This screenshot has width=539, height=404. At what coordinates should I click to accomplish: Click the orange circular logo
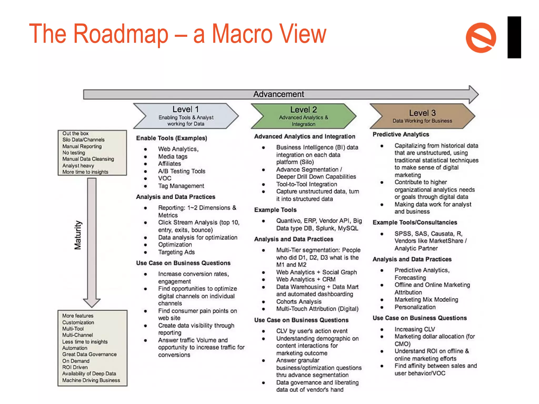pyautogui.click(x=481, y=38)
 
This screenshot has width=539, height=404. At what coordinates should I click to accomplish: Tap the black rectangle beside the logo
pyautogui.click(x=514, y=37)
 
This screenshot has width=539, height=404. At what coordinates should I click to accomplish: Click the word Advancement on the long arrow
pyautogui.click(x=278, y=94)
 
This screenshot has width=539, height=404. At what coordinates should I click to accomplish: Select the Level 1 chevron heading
pyautogui.click(x=186, y=116)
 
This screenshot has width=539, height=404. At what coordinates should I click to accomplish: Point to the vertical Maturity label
pyautogui.click(x=78, y=235)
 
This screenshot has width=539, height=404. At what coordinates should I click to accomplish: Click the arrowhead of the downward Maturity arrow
pyautogui.click(x=92, y=302)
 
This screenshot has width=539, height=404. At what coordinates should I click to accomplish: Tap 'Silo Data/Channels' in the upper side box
pyautogui.click(x=83, y=140)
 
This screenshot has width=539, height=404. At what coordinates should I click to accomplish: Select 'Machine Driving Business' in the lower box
pyautogui.click(x=91, y=380)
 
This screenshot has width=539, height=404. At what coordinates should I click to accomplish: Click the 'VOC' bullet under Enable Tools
pyautogui.click(x=165, y=178)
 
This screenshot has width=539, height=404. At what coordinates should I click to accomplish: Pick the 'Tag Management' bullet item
pyautogui.click(x=181, y=186)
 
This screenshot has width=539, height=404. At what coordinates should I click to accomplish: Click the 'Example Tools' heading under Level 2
pyautogui.click(x=275, y=210)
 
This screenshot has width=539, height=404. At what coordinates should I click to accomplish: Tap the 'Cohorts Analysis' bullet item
pyautogui.click(x=299, y=302)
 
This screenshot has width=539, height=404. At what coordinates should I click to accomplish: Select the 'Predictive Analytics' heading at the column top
pyautogui.click(x=401, y=134)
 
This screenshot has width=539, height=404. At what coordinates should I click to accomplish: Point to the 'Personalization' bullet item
pyautogui.click(x=415, y=307)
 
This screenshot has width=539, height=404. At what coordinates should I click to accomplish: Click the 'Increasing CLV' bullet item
pyautogui.click(x=415, y=329)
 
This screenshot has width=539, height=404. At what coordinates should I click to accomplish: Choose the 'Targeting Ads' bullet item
pyautogui.click(x=176, y=252)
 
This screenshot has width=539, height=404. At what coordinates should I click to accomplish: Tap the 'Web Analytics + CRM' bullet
pyautogui.click(x=306, y=279)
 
